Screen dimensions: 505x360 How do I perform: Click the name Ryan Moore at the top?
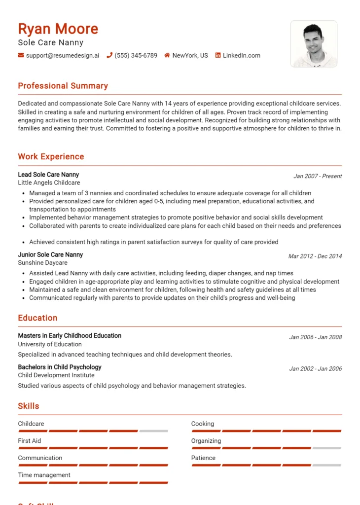point(58,29)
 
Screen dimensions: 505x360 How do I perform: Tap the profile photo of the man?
point(314,44)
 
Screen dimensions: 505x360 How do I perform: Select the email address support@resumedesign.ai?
point(63,56)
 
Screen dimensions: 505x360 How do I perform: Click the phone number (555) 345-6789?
point(136,56)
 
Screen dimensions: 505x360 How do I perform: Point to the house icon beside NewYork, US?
point(167,56)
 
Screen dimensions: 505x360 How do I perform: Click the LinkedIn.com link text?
point(241,56)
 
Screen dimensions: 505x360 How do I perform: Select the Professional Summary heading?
point(63,86)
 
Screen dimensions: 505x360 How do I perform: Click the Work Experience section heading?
point(51,157)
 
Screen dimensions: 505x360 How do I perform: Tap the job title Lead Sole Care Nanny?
point(48,175)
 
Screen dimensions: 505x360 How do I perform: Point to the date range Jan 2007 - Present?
point(317,176)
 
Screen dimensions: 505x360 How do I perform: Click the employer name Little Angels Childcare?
point(49,183)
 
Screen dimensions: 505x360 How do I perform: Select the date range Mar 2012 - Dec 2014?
point(315,256)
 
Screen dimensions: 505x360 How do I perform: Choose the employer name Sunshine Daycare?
point(43,263)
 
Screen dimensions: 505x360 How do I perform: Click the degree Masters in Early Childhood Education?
point(70,336)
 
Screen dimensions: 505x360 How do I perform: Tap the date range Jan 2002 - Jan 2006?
point(315,369)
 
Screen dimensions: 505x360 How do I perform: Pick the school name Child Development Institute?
point(56,375)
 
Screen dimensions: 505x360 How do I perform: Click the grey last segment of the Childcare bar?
point(153,431)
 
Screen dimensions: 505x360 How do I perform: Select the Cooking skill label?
point(203,424)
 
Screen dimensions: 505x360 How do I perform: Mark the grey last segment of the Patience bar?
point(326,465)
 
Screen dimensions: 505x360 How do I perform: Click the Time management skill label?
point(44,475)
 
